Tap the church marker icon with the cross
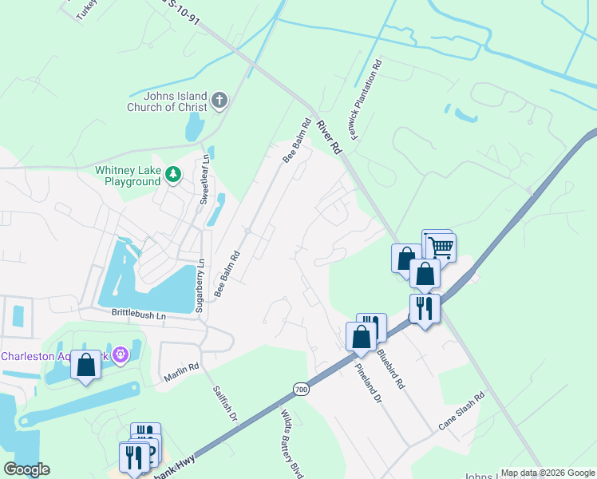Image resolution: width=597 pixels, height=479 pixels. click(219, 101)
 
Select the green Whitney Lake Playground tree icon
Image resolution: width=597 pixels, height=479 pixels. click(172, 174)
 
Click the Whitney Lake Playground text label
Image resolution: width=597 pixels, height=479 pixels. click(128, 176)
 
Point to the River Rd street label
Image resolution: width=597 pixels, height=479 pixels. click(329, 137)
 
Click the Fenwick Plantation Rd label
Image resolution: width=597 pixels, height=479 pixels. click(367, 98)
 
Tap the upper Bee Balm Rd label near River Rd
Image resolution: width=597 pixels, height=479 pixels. click(297, 141)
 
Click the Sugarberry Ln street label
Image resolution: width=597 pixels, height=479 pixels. click(200, 284)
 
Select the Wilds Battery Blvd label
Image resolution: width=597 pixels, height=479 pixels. click(291, 444)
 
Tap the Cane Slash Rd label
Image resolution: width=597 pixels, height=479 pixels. click(461, 412)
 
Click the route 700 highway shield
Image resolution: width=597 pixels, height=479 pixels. click(300, 389)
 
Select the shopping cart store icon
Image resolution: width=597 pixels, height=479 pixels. click(439, 246)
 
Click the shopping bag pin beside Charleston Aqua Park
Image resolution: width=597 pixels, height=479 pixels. click(85, 365)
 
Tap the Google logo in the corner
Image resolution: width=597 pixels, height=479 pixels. click(27, 469)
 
